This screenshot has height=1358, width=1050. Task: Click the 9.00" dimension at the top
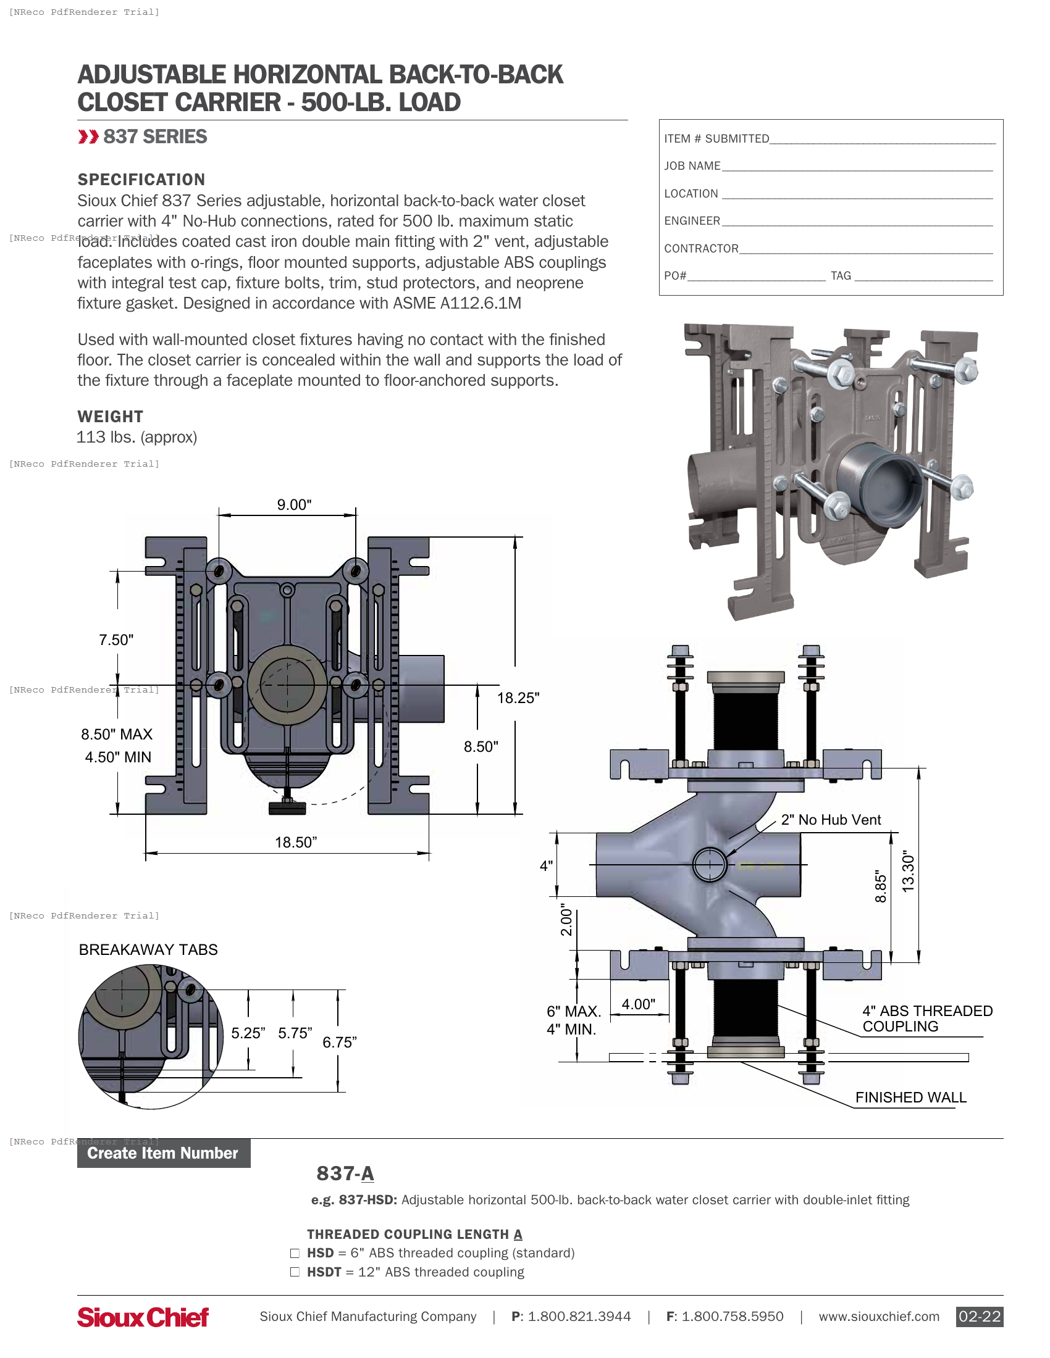294,504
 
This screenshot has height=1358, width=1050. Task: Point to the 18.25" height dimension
518,698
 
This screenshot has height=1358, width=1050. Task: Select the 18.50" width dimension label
295,842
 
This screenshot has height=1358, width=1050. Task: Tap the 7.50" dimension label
116,640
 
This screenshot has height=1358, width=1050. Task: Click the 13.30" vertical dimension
908,872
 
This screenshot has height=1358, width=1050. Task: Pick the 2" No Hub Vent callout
830,820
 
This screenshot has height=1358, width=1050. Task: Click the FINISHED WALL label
910,1098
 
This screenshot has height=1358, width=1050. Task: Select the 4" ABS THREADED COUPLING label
927,1018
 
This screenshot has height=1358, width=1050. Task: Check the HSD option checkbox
295,1253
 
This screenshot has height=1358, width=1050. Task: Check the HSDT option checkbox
295,1272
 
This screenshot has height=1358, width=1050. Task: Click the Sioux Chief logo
143,1317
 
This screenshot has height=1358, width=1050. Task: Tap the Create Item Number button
163,1154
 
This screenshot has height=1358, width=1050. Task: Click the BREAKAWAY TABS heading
148,949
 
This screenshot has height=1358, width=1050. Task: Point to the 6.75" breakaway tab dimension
339,1042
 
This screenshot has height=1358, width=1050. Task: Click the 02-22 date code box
979,1317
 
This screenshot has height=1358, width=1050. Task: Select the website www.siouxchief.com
878,1317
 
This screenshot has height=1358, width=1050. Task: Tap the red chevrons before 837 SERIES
88,137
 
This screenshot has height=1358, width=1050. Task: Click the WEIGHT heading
110,417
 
